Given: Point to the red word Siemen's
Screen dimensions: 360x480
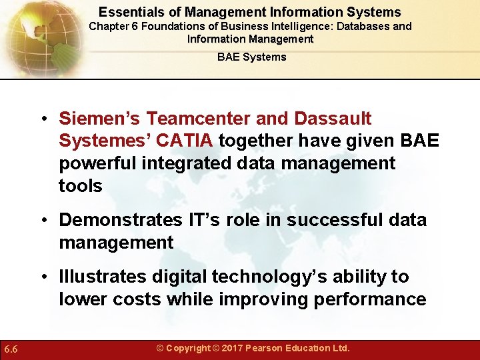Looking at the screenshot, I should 99,119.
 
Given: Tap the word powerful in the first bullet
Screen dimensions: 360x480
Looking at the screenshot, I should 98,164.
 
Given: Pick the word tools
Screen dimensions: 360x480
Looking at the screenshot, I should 81,186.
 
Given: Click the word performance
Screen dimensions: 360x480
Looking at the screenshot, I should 371,299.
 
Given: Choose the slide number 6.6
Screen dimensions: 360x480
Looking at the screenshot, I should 11,349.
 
